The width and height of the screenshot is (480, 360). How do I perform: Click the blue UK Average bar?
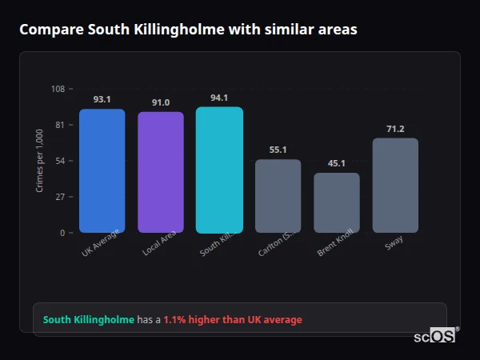[x=102, y=171]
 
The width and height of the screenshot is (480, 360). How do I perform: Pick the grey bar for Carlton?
[x=278, y=196]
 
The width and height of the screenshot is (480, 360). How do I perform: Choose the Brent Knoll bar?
[x=337, y=202]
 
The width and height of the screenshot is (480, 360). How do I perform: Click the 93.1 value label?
[x=102, y=100]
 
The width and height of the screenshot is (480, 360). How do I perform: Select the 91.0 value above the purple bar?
[x=161, y=102]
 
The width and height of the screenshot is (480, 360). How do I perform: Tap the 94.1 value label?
[x=219, y=98]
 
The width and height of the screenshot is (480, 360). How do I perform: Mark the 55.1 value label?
[x=278, y=150]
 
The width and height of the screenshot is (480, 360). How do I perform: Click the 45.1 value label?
[x=337, y=163]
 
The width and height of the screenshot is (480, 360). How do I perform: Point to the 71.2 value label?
[x=395, y=129]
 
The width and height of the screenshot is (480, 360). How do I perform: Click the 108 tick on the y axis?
[x=58, y=89]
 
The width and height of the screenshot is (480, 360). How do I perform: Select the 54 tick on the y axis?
[x=60, y=161]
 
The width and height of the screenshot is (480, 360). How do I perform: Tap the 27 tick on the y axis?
[x=60, y=197]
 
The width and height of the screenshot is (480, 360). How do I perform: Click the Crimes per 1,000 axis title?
[x=39, y=161]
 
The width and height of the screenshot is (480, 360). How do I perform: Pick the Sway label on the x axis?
[x=393, y=242]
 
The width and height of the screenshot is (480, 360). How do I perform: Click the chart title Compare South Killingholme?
[x=188, y=30]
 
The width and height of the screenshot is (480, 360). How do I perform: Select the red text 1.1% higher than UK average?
[x=233, y=320]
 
